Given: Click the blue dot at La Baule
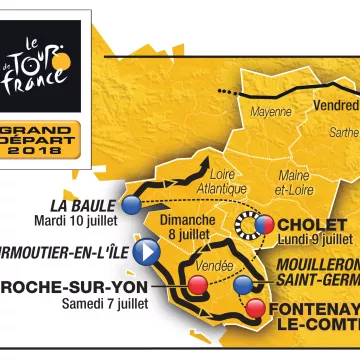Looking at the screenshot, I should (132, 205).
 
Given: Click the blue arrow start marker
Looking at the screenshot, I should (148, 250).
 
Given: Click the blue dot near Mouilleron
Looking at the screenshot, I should (244, 283).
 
